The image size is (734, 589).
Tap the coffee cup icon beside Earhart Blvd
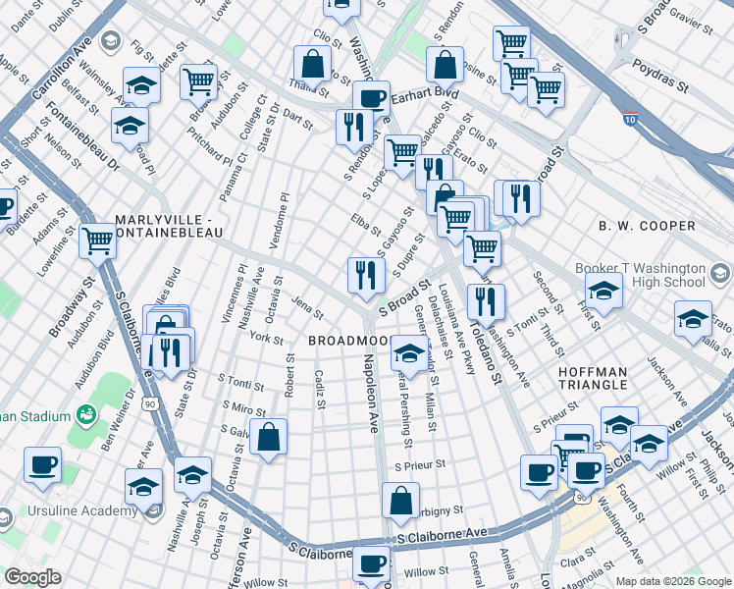click(x=371, y=98)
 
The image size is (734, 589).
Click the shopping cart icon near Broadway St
click(x=97, y=239)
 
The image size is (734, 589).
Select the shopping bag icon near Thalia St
click(x=311, y=65)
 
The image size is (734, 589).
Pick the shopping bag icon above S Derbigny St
click(x=401, y=500)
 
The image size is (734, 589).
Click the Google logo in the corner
click(x=32, y=577)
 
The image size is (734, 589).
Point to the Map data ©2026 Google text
click(x=672, y=581)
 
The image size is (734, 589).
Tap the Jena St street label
click(x=306, y=309)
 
